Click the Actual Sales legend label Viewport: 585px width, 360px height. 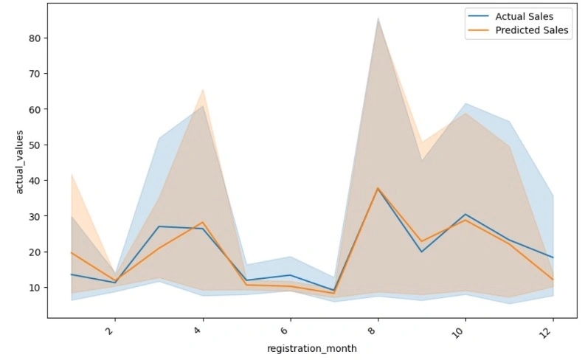click(x=525, y=16)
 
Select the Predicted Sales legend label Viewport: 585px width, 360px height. click(x=532, y=30)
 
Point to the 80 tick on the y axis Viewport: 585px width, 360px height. click(x=35, y=38)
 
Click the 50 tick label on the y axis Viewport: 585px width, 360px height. click(x=35, y=145)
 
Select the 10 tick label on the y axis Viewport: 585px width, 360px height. click(x=35, y=288)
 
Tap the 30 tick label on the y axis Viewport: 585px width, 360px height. click(x=35, y=216)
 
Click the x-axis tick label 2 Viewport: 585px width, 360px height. click(x=111, y=330)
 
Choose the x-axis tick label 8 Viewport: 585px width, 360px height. click(x=373, y=330)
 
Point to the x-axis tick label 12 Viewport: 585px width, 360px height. click(x=546, y=333)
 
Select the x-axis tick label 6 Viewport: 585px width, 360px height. click(x=285, y=330)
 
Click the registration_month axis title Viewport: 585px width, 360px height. click(x=312, y=348)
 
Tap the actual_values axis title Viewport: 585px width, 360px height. click(x=19, y=162)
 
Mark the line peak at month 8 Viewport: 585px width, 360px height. click(x=378, y=188)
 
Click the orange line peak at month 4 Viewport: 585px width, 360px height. click(x=203, y=222)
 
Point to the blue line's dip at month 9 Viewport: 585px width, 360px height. click(x=421, y=252)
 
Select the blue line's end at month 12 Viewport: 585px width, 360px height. click(x=553, y=257)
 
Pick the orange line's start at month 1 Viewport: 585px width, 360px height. click(x=72, y=253)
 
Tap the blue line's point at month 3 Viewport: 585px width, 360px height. click(x=159, y=226)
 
